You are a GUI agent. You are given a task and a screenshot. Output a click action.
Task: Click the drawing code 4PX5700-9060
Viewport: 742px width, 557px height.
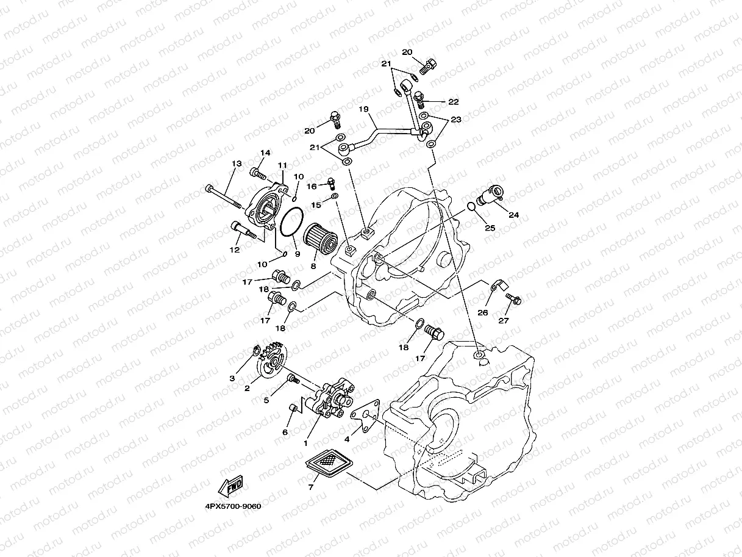tap(232, 506)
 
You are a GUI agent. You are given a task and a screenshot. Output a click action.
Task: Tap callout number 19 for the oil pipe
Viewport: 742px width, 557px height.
tap(364, 110)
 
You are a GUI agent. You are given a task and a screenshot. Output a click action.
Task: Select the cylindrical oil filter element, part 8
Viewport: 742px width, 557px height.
tap(321, 239)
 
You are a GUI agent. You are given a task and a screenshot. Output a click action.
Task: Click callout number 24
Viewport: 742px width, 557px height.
tap(513, 214)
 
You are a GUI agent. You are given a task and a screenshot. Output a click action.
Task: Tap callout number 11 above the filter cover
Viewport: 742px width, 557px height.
tap(282, 165)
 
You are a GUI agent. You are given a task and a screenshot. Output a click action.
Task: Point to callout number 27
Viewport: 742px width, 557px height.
tap(504, 321)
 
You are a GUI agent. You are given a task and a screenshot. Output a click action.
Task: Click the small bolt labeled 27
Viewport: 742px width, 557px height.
tap(513, 298)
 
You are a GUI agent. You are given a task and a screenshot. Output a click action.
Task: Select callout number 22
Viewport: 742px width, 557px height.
tap(453, 102)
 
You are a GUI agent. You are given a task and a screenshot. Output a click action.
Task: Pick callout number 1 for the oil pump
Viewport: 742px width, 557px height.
tap(305, 444)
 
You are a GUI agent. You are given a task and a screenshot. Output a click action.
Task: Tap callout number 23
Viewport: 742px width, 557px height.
tap(456, 120)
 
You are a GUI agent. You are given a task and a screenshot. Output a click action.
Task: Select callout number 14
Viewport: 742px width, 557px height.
tap(265, 153)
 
